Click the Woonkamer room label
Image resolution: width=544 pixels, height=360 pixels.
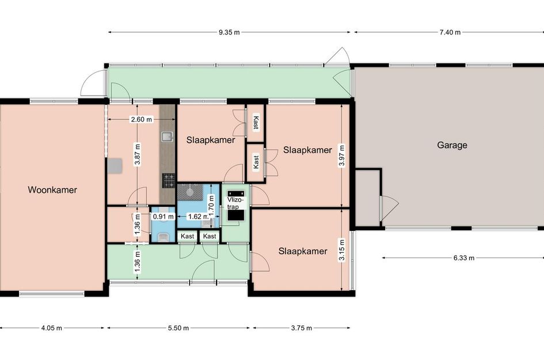click(52, 190)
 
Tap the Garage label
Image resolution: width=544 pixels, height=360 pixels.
click(452, 145)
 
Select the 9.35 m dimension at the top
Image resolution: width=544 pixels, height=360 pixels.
click(229, 32)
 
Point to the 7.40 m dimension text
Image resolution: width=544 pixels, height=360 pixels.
click(450, 32)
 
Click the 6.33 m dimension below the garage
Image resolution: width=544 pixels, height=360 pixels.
click(463, 258)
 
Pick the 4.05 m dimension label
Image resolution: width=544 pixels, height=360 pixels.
click(51, 328)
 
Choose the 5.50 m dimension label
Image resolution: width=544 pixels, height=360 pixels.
click(178, 328)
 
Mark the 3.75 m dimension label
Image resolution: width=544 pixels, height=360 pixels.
click(301, 328)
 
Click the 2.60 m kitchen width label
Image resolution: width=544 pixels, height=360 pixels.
click(141, 119)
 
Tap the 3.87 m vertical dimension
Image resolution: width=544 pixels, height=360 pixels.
click(138, 155)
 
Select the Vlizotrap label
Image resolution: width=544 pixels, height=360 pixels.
click(235, 203)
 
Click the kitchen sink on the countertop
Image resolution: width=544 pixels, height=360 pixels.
click(167, 137)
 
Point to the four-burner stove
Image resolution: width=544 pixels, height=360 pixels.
click(169, 180)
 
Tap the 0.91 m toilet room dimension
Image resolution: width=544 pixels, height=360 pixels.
click(163, 217)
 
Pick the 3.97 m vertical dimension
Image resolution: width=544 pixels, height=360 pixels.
click(342, 156)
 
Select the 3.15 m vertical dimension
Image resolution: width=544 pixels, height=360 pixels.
click(342, 251)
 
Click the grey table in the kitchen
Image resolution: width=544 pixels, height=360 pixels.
click(115, 165)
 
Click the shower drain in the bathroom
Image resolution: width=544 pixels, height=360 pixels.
click(190, 191)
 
